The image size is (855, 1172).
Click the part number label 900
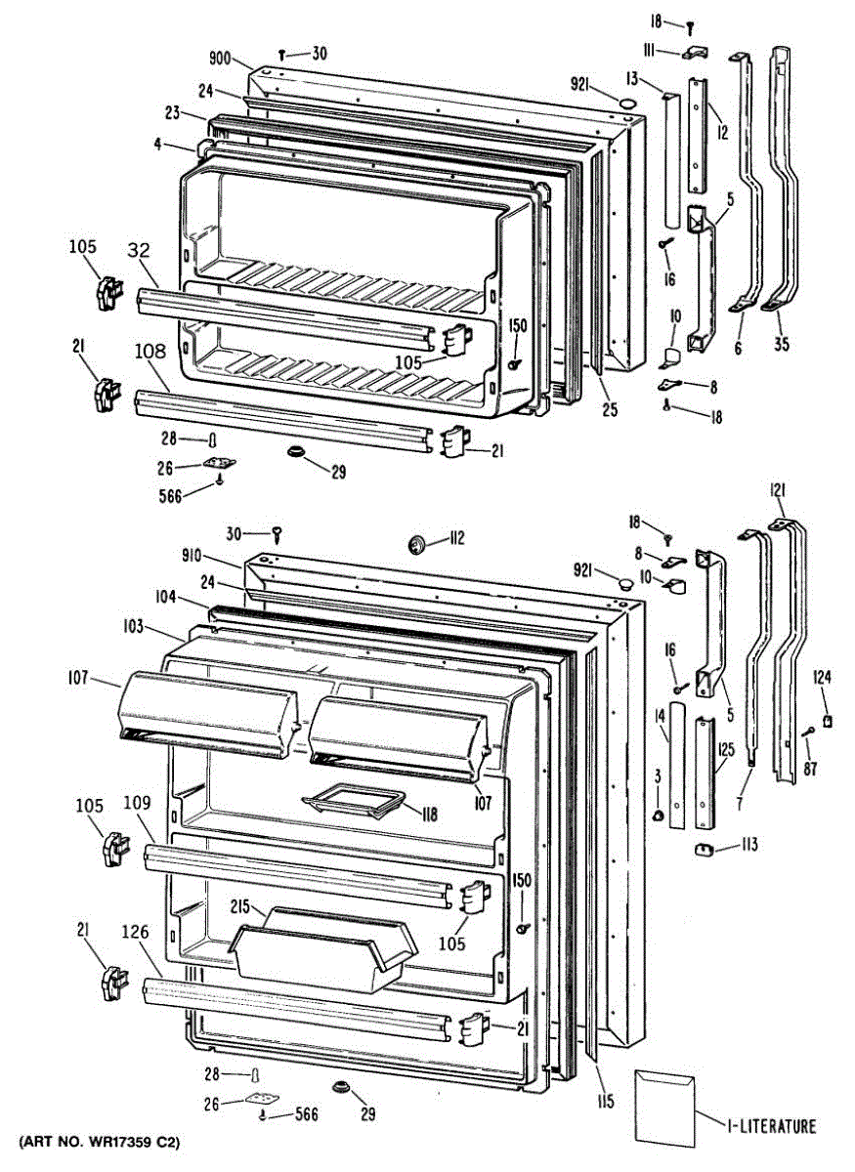tap(220, 59)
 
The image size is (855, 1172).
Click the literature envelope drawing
tap(664, 1102)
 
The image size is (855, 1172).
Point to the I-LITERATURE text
tap(771, 1126)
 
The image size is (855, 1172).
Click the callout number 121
tap(778, 489)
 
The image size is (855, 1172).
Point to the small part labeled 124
tap(828, 721)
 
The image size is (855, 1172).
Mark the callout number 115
tap(606, 1103)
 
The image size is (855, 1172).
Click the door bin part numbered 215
tap(322, 952)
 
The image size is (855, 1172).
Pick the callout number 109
tap(137, 804)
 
